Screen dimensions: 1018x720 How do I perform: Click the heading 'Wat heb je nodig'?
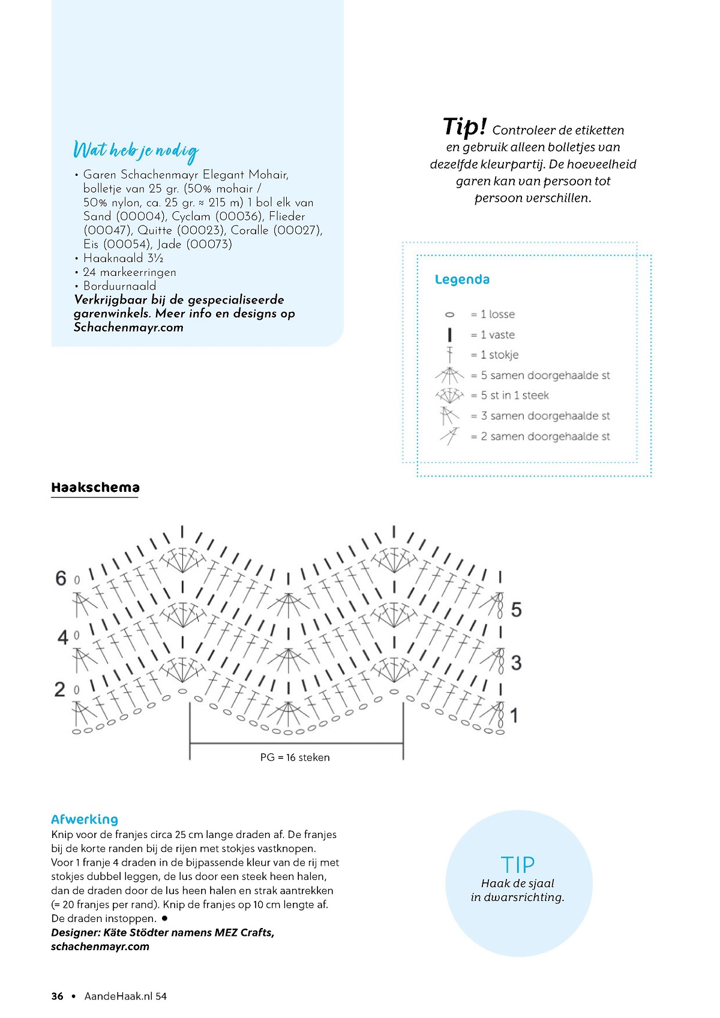click(x=136, y=151)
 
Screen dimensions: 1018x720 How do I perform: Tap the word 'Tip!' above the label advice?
click(x=464, y=127)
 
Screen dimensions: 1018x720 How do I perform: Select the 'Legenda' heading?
click(x=462, y=280)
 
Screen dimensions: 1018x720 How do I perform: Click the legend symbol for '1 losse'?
click(x=449, y=314)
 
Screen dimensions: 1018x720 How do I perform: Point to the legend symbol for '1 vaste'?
click(x=449, y=335)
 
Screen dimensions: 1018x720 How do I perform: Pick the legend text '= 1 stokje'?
click(x=494, y=355)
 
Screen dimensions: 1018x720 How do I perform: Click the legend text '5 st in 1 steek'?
click(x=514, y=395)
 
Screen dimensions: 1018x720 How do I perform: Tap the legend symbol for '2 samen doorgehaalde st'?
click(x=449, y=436)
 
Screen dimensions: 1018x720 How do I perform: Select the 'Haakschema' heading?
click(x=95, y=488)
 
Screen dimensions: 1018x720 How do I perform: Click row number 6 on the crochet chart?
click(x=61, y=578)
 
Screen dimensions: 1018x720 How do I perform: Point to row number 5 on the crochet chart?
click(x=516, y=610)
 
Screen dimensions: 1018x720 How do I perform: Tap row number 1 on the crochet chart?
click(x=514, y=715)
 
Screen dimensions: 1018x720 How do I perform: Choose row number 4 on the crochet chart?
click(x=62, y=637)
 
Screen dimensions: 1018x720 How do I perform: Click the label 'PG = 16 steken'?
click(x=295, y=758)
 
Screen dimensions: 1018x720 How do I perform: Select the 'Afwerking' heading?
click(x=85, y=819)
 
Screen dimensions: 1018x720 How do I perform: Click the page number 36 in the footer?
click(x=58, y=996)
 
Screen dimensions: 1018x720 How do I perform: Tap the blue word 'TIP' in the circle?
click(x=517, y=865)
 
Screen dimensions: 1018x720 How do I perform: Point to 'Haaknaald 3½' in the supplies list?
click(x=123, y=259)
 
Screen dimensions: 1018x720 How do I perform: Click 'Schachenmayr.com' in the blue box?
click(x=128, y=328)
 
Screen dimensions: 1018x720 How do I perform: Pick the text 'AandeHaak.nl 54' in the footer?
click(x=125, y=996)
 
